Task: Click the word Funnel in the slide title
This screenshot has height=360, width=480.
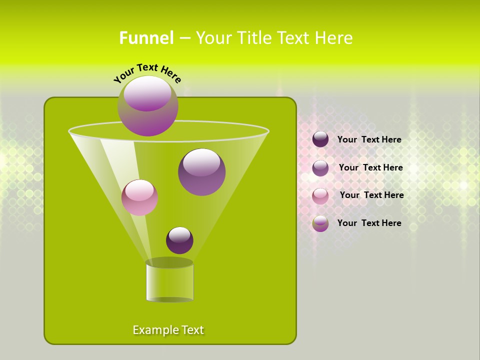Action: point(146,38)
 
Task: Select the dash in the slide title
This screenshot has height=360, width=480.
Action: point(184,38)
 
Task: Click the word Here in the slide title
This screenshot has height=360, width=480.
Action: point(334,38)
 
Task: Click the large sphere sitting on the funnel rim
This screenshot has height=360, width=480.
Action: point(148,106)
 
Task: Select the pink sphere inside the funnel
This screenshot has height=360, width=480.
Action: point(140,197)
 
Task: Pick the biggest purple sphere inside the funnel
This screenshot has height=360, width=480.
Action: point(202,172)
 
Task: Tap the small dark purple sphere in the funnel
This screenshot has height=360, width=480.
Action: point(180,240)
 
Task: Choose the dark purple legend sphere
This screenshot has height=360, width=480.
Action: point(320,139)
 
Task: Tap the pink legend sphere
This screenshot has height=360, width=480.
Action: point(320,196)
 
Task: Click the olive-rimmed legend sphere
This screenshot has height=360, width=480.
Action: point(320,223)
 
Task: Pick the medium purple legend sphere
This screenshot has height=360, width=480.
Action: point(320,168)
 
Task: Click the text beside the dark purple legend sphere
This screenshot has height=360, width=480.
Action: point(369,140)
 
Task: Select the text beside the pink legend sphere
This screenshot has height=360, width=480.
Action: point(372,195)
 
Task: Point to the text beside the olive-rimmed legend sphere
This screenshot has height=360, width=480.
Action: point(369,223)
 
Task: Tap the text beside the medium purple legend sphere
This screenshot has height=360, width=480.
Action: point(371,168)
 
